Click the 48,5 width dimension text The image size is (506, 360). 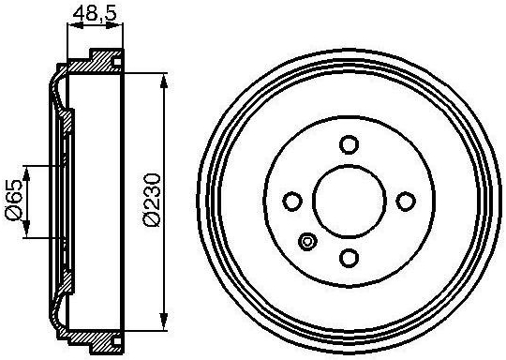[95, 14]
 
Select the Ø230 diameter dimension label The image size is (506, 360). [152, 201]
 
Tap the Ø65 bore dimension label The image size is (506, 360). [14, 201]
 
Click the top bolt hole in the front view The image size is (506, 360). [350, 144]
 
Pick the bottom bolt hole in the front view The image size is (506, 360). [350, 258]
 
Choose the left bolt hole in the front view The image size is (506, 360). [292, 202]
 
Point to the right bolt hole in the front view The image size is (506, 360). [406, 202]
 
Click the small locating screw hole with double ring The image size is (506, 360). [307, 241]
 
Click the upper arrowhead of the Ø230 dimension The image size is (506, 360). [164, 81]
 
